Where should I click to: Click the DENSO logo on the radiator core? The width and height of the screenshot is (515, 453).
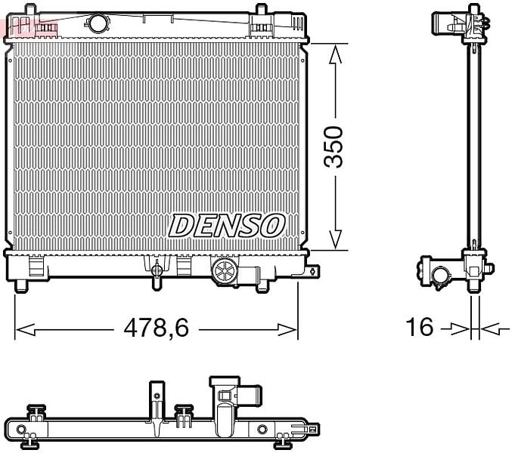tap(226, 225)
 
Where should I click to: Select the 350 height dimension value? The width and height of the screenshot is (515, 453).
tap(333, 146)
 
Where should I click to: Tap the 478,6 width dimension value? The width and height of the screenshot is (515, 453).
tap(157, 328)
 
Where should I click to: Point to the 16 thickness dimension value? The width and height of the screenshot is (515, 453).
tap(420, 327)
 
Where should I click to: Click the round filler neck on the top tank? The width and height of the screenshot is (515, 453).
tap(98, 23)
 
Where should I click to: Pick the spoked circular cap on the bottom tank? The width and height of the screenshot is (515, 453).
tap(225, 271)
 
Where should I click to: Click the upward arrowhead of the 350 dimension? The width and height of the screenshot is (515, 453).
tap(335, 54)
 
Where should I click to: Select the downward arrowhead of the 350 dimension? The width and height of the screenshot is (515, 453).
tap(335, 239)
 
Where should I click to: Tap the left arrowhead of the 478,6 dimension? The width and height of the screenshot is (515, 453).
tap(25, 330)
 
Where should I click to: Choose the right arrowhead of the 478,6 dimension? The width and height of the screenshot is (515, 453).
tap(287, 330)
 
